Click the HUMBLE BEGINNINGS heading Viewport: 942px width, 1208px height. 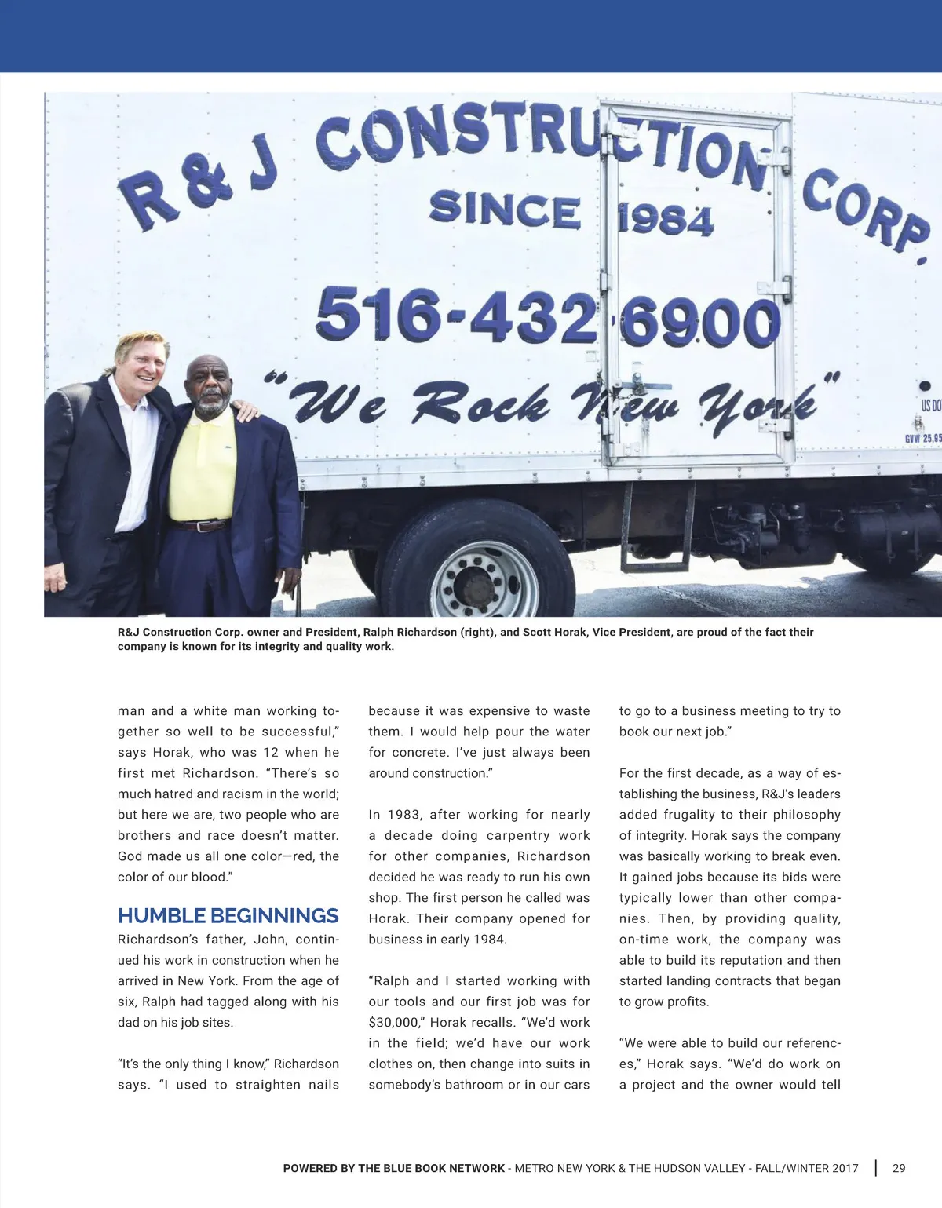(228, 916)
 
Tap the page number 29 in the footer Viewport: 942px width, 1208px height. (899, 1168)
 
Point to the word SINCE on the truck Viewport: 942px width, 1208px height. (505, 210)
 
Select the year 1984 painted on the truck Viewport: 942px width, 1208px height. (666, 219)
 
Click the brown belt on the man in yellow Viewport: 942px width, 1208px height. (201, 526)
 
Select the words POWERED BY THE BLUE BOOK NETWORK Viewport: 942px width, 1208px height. (393, 1168)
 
